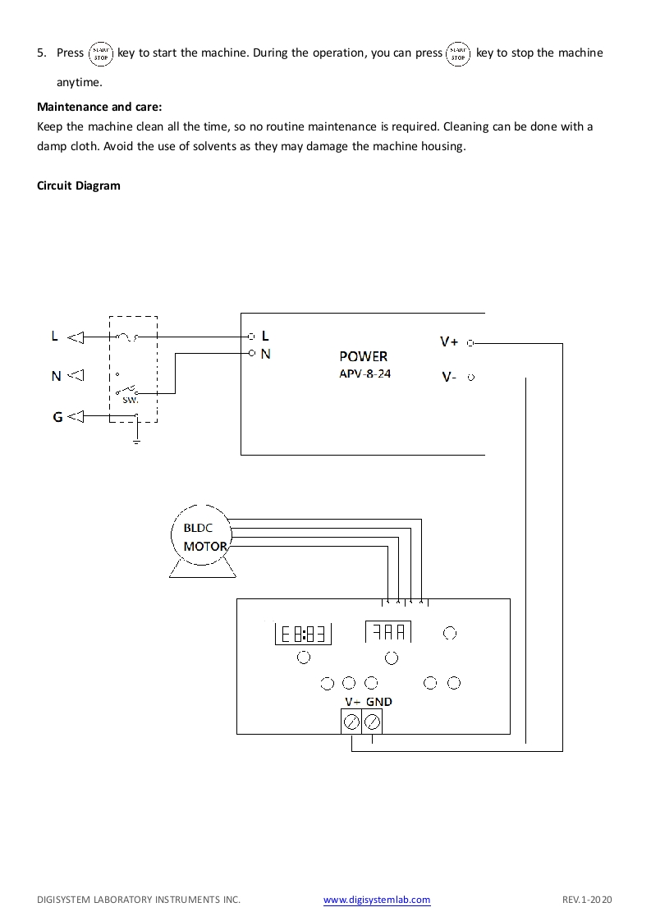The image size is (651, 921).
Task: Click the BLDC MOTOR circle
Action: pyautogui.click(x=200, y=536)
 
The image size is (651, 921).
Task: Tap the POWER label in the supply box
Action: pyautogui.click(x=363, y=357)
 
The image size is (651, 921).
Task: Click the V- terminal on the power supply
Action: pyautogui.click(x=470, y=378)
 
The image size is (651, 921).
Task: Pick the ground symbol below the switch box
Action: pyautogui.click(x=136, y=441)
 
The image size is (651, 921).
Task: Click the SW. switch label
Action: pyautogui.click(x=130, y=401)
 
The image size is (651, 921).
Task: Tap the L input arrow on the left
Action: pyautogui.click(x=76, y=337)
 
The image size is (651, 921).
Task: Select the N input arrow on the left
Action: pyautogui.click(x=76, y=376)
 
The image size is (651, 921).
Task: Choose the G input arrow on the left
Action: pyautogui.click(x=76, y=417)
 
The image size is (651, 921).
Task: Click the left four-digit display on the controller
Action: pyautogui.click(x=304, y=634)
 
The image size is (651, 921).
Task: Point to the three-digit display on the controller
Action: pyautogui.click(x=389, y=632)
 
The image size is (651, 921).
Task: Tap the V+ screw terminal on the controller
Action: pyautogui.click(x=351, y=722)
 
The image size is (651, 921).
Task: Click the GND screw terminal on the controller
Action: pyautogui.click(x=372, y=722)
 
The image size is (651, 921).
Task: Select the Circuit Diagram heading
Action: pyautogui.click(x=79, y=186)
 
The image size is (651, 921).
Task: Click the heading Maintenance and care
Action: pyautogui.click(x=100, y=107)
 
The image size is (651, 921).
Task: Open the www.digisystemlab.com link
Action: pyautogui.click(x=377, y=900)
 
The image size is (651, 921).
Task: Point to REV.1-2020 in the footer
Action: pyautogui.click(x=587, y=900)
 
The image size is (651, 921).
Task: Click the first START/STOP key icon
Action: pyautogui.click(x=100, y=53)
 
